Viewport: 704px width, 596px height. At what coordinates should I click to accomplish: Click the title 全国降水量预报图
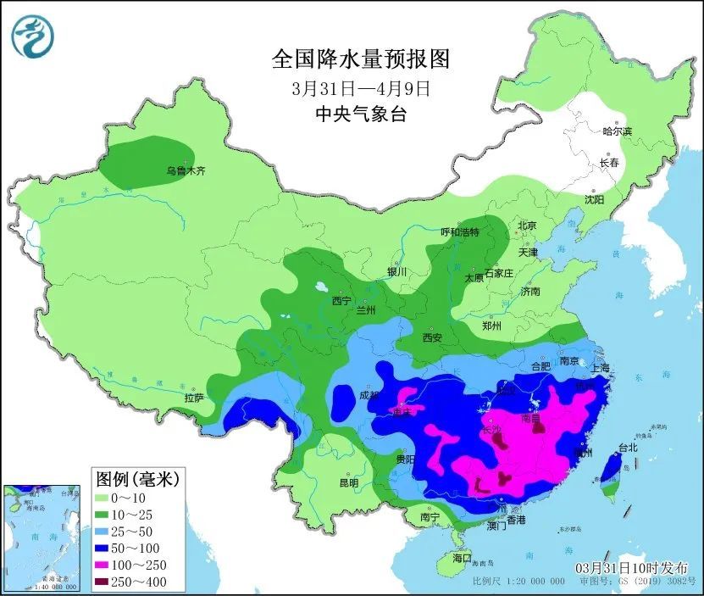(x=360, y=58)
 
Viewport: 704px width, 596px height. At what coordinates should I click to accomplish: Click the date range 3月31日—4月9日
(x=360, y=87)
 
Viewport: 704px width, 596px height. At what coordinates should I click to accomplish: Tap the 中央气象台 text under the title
(x=360, y=114)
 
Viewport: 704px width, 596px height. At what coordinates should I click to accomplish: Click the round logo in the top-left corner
(x=32, y=35)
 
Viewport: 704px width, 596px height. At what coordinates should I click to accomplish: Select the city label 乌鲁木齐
(x=185, y=170)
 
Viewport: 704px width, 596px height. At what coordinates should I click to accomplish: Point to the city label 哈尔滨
(x=617, y=131)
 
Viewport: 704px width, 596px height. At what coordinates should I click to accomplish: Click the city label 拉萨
(x=193, y=397)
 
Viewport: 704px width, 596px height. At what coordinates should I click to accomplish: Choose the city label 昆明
(x=348, y=482)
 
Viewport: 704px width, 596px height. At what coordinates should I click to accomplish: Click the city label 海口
(x=461, y=559)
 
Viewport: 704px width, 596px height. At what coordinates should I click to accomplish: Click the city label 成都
(x=370, y=394)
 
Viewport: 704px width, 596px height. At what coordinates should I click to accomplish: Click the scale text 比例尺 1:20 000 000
(x=518, y=582)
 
